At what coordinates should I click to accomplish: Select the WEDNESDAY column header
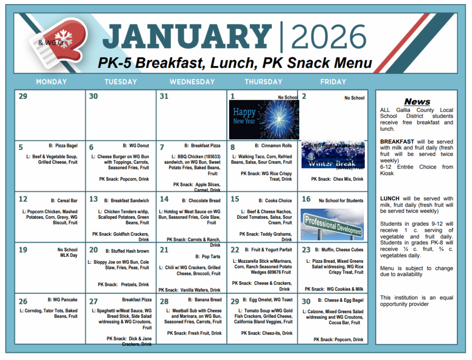[x=192, y=82]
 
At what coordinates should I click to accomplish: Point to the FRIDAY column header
[x=333, y=82]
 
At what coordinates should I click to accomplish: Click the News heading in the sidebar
[x=417, y=102]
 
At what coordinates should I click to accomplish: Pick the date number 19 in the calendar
[x=23, y=250]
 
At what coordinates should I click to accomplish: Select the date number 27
[x=93, y=301]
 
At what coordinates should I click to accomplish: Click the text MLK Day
[x=67, y=256]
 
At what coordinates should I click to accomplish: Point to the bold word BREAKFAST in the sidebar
[x=397, y=142]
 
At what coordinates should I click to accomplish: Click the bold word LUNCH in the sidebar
[x=390, y=198]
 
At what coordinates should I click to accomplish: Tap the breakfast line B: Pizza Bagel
[x=63, y=146]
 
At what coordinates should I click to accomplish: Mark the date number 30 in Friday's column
[x=306, y=301]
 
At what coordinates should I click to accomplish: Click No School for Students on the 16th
[x=341, y=200]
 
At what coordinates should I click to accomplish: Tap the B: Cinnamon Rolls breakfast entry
[x=273, y=146]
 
